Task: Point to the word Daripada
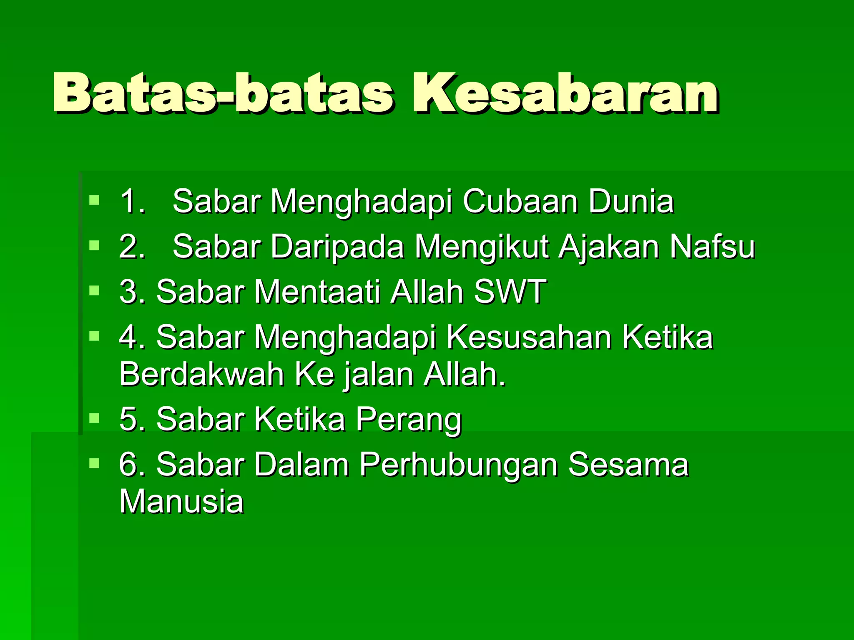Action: (x=338, y=247)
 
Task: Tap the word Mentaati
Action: (x=317, y=292)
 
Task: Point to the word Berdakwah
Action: (x=202, y=374)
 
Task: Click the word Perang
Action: (x=409, y=420)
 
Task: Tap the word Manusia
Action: (x=181, y=501)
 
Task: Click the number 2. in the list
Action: (x=133, y=247)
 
